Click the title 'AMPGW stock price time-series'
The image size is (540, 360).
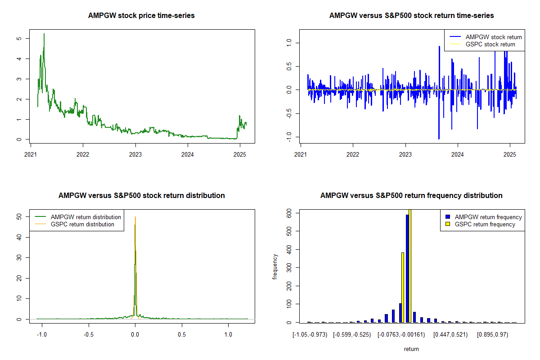point(142,16)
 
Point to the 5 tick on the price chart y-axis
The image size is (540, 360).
point(19,39)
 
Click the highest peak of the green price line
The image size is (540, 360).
point(44,34)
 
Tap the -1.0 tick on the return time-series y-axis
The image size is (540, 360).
point(289,137)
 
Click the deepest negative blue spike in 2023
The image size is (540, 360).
point(439,138)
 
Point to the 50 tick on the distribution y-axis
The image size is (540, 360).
point(19,216)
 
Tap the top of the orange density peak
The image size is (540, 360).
point(135,216)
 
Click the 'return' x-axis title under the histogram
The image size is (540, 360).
point(411,349)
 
